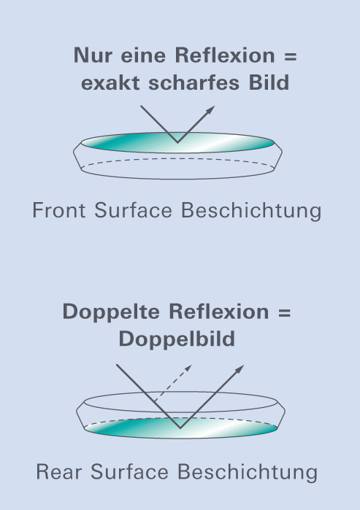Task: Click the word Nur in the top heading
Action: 93,55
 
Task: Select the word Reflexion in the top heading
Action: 225,55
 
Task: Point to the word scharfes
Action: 194,82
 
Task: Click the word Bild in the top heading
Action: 269,82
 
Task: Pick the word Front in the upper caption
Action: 59,210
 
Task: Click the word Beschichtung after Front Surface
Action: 251,211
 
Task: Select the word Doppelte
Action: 111,312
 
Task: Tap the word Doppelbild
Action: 177,339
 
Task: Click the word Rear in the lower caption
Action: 58,472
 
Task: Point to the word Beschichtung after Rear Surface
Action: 248,472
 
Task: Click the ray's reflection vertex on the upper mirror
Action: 177,142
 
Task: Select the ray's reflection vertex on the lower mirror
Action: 180,428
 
